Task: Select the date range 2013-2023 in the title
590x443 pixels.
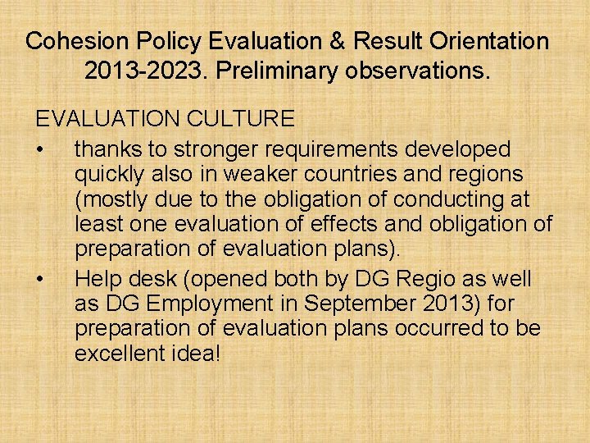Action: click(x=147, y=71)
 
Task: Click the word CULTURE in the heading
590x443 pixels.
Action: click(x=240, y=119)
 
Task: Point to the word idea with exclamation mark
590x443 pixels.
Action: click(x=197, y=354)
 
